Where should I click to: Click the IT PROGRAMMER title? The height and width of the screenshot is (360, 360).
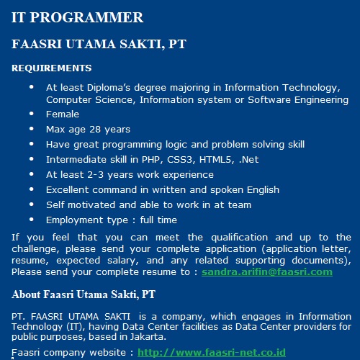tap(77, 17)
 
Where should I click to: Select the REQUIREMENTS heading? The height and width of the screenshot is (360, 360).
tap(52, 68)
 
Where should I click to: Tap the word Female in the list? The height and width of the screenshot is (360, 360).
tap(63, 114)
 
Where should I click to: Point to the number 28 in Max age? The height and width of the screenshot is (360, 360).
tap(95, 130)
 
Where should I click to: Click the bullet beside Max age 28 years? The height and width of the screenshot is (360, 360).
tap(32, 129)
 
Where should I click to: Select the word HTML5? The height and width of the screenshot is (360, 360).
tap(217, 160)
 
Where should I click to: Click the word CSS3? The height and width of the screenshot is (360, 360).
tap(181, 160)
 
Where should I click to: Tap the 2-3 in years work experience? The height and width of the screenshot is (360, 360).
tap(95, 175)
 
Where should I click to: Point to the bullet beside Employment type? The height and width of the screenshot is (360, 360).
tap(32, 220)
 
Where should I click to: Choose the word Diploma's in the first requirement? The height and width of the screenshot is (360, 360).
tap(109, 88)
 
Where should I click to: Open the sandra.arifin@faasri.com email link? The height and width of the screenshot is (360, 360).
tap(267, 272)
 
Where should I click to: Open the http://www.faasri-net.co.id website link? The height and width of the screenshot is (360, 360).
tap(212, 353)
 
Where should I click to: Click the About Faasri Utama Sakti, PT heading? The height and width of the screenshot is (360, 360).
tap(84, 294)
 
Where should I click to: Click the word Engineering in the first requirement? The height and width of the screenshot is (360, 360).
tap(321, 100)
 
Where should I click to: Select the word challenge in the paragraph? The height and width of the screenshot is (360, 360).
tap(35, 249)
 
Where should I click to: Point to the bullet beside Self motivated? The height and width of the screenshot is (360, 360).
tap(32, 204)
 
